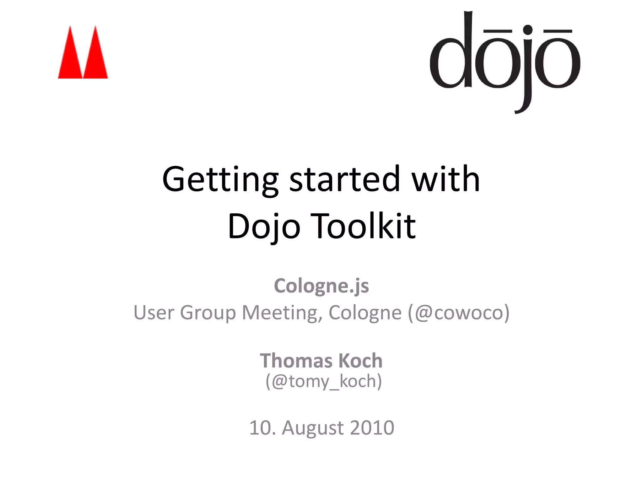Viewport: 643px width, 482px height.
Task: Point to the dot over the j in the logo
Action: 528,30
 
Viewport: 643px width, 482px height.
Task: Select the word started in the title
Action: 345,179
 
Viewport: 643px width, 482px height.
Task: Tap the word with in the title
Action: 446,179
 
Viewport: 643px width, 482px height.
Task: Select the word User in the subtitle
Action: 154,313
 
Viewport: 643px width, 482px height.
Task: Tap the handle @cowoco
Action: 459,313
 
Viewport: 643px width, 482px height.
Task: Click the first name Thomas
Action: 296,361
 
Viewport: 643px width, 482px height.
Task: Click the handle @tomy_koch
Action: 324,382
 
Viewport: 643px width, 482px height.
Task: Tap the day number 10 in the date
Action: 260,428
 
